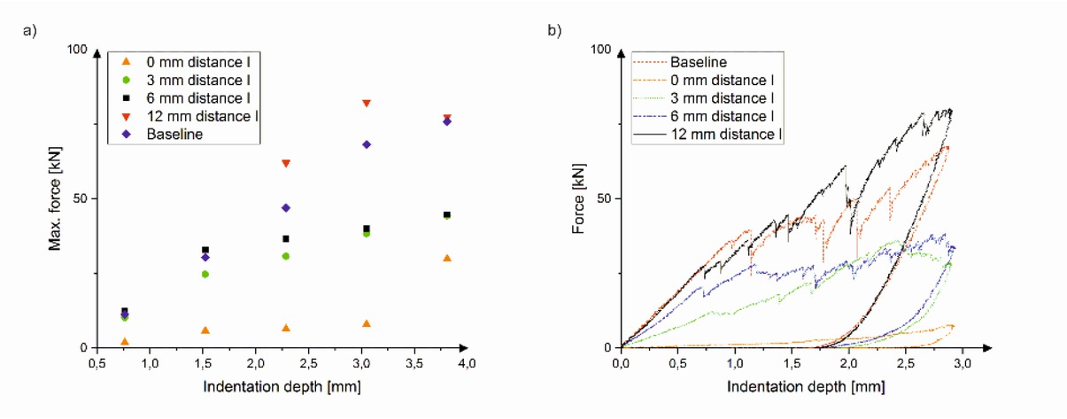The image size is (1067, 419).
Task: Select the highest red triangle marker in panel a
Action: click(366, 104)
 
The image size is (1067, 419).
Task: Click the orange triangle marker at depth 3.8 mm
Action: click(447, 258)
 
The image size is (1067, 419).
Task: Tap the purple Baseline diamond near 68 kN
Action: click(366, 144)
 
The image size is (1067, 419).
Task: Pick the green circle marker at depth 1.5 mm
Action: click(205, 274)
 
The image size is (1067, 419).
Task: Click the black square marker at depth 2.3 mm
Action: click(285, 238)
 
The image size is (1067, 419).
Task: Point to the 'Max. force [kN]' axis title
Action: click(55, 198)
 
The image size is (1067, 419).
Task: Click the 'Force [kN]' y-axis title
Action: click(580, 198)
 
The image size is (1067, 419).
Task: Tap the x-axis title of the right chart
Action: click(805, 387)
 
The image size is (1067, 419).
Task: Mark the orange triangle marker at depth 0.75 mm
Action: click(125, 341)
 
